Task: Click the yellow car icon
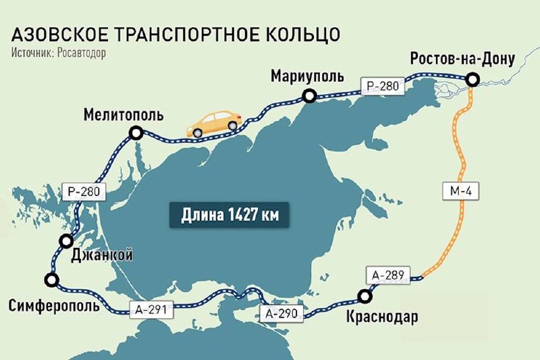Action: coord(215,122)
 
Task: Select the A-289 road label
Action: coord(386,276)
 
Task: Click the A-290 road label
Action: coord(279,313)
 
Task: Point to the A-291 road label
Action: coord(152,309)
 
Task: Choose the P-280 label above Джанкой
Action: coord(84,192)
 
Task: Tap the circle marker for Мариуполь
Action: coord(309,97)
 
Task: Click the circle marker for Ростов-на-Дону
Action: coord(474,80)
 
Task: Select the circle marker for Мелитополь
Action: coord(136,134)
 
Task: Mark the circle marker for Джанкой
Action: coord(66,241)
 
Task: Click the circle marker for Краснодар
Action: coord(365,295)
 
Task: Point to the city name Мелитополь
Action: coord(124,114)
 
